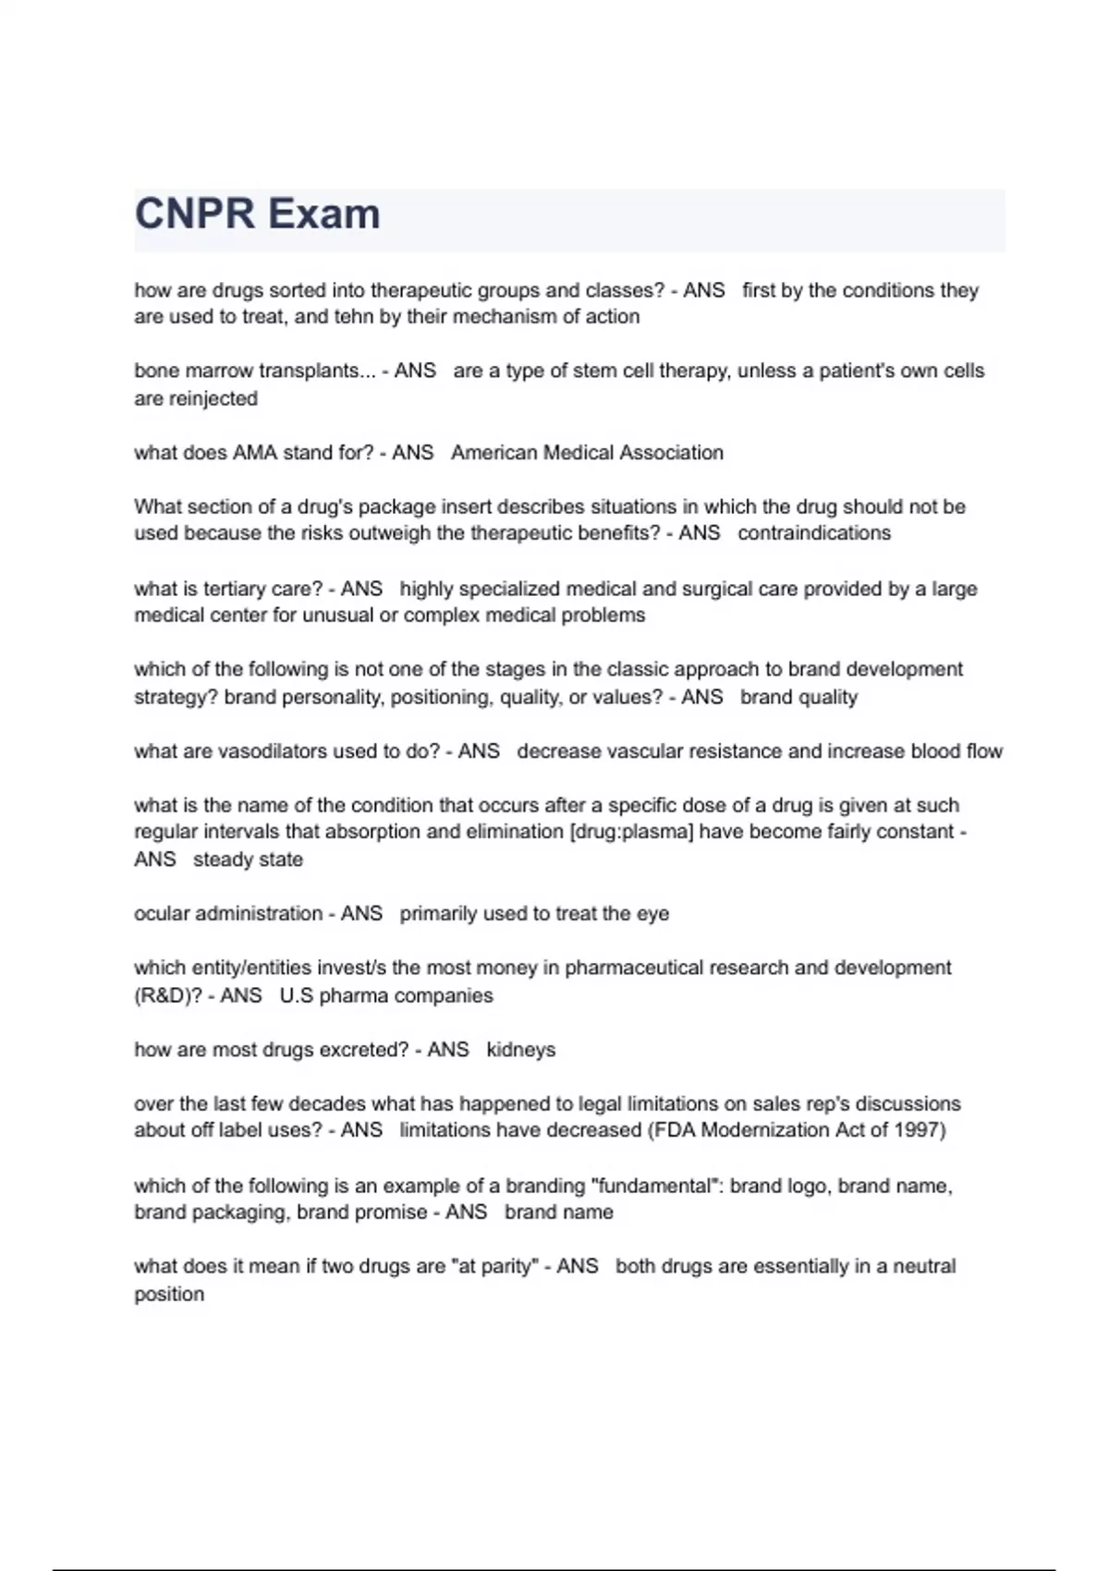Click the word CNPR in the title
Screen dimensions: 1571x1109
pos(194,214)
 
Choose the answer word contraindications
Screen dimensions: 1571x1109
pos(814,533)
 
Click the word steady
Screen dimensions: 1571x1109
pos(223,859)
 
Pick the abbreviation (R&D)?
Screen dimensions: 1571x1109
pos(168,996)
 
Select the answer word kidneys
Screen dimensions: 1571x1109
pos(520,1051)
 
